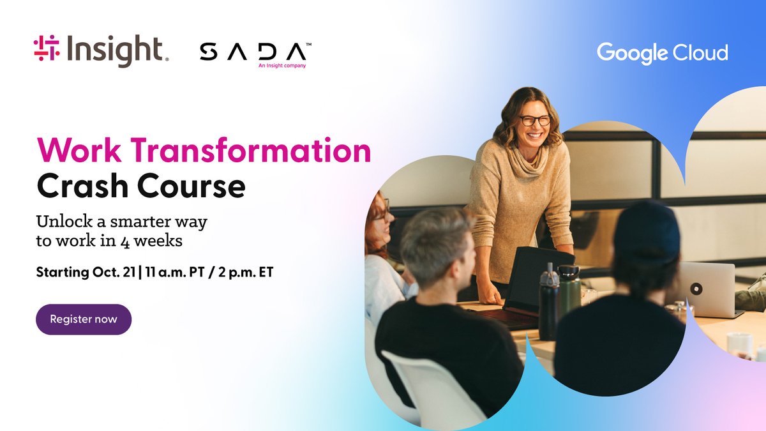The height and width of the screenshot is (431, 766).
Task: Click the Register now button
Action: pos(84,319)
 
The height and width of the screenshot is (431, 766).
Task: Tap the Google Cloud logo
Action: pos(662,53)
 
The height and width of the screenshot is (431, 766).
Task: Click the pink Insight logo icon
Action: pos(46,49)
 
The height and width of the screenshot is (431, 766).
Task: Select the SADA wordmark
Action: pos(253,51)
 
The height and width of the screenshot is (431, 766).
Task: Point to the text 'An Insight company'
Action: pos(282,65)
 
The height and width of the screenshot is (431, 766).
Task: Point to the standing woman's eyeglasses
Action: pos(534,120)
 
